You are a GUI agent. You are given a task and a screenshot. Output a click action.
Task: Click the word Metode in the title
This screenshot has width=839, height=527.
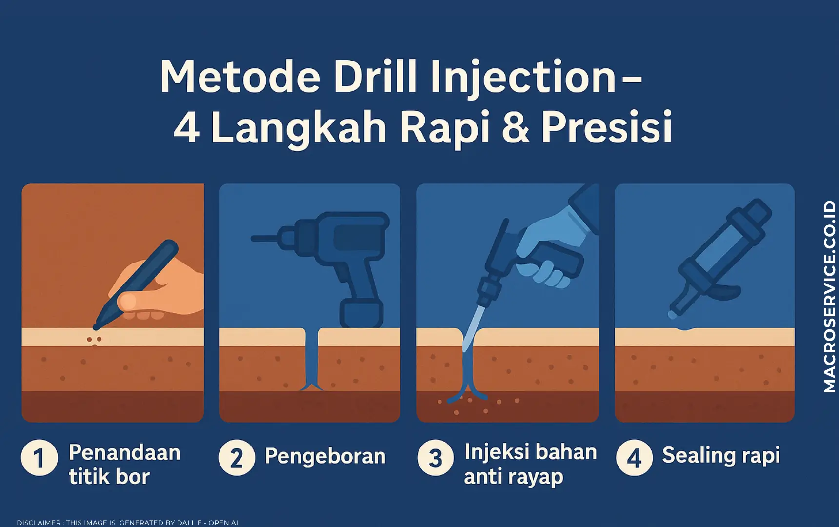click(x=240, y=78)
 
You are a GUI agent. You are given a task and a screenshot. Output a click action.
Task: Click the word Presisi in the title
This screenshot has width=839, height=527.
click(x=607, y=127)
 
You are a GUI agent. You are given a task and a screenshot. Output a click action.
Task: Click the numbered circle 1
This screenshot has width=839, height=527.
click(x=39, y=458)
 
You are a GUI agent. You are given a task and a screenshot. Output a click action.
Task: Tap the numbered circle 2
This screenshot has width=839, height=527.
click(x=237, y=458)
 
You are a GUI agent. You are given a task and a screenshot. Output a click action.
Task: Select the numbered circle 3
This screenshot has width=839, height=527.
click(x=436, y=458)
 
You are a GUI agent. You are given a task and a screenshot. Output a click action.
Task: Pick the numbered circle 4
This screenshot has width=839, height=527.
click(x=634, y=458)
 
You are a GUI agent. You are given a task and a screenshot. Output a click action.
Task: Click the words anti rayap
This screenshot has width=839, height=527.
click(x=514, y=477)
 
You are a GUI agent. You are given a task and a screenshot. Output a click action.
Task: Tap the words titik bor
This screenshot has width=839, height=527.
click(x=109, y=476)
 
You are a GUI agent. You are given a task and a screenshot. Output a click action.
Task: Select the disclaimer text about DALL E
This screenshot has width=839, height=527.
click(x=127, y=523)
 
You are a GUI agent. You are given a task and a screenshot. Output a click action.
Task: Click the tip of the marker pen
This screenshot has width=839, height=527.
click(x=96, y=325)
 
